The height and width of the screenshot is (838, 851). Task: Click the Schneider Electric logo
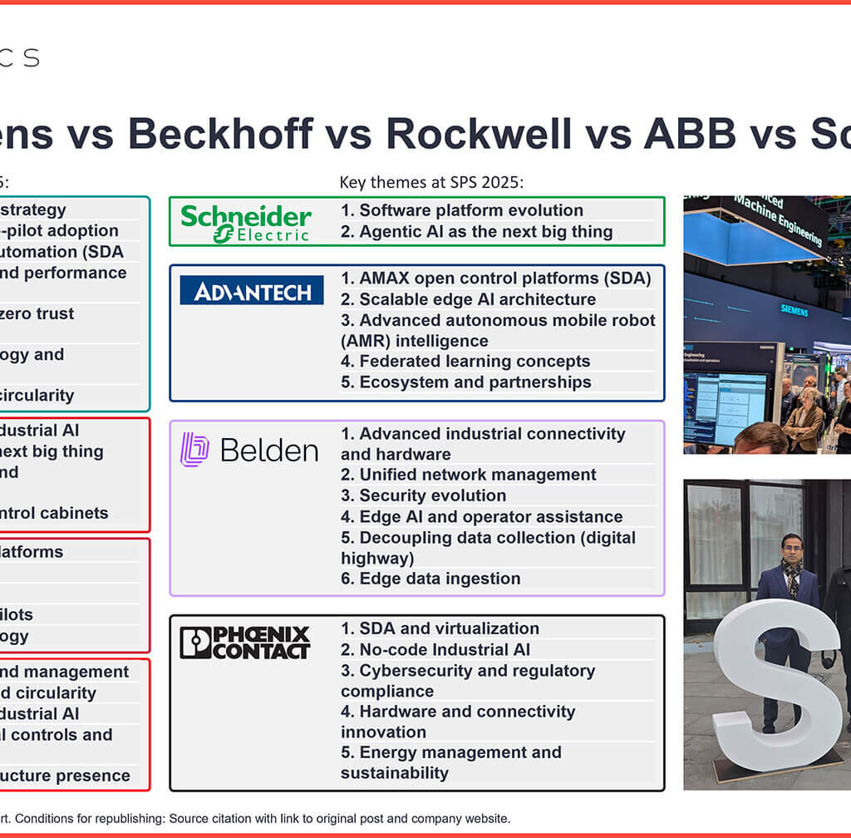(246, 222)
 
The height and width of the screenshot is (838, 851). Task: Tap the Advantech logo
(252, 290)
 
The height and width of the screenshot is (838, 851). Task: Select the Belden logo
(249, 450)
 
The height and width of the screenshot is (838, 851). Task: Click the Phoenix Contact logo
(245, 643)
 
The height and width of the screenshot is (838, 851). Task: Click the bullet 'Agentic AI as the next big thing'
(477, 232)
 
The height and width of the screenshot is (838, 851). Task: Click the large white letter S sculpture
(777, 674)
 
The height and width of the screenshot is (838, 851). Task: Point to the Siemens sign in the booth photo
(794, 310)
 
